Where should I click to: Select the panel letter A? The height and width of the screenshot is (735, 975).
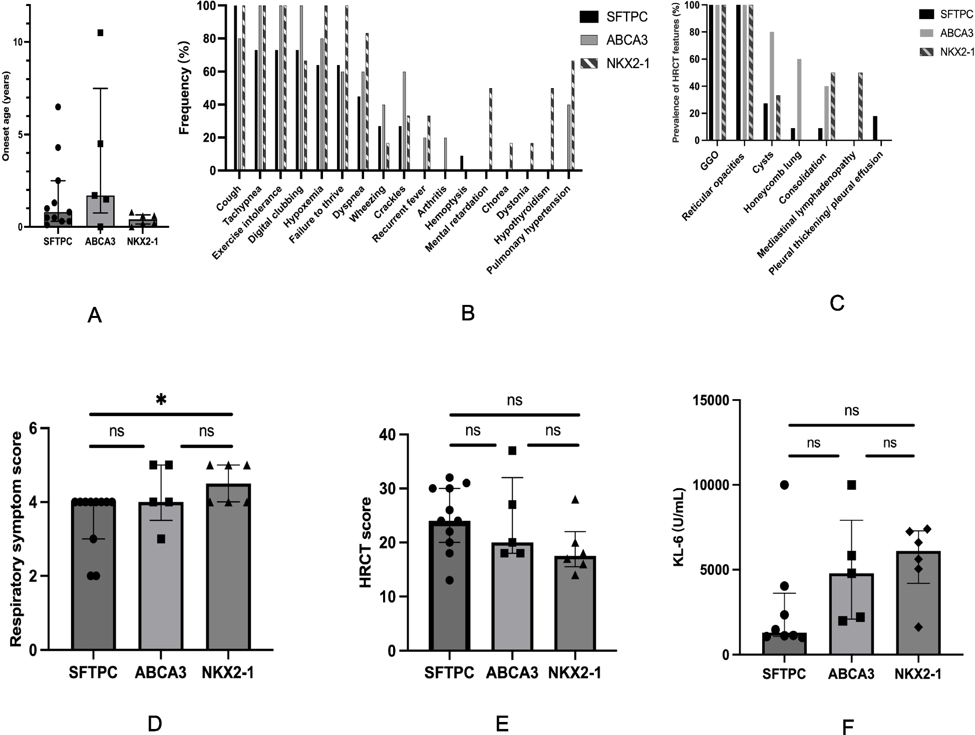pos(94,315)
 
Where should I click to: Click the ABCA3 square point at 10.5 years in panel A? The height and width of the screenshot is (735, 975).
pos(100,33)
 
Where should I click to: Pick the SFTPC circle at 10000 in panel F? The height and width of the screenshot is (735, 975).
pos(784,485)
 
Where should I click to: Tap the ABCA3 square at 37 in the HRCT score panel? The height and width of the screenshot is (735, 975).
pos(512,451)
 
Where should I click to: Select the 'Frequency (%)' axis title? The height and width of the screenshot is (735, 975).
pos(184,94)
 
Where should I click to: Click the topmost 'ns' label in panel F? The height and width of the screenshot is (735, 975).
pos(851,411)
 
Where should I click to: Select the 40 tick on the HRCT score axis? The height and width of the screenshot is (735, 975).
pos(387,435)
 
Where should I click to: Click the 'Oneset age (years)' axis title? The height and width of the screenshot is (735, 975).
pos(6,117)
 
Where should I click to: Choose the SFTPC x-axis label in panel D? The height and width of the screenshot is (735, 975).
pos(93,672)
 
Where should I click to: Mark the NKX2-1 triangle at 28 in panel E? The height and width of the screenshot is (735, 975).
pos(575,499)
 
